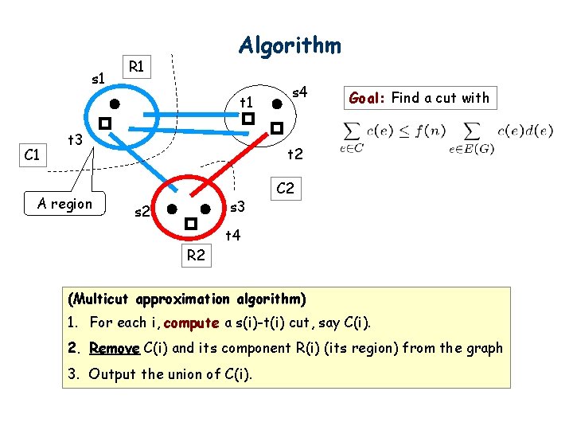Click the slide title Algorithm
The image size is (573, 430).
click(290, 45)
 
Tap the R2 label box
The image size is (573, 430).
click(196, 256)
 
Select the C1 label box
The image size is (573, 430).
click(33, 154)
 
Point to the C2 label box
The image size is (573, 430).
click(284, 189)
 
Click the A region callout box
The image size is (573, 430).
click(65, 204)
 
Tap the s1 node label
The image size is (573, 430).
click(99, 78)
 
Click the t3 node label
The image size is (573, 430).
click(76, 140)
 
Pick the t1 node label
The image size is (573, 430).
click(247, 103)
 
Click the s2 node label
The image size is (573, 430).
click(142, 212)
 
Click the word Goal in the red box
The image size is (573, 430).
click(367, 98)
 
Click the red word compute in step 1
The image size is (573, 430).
click(191, 322)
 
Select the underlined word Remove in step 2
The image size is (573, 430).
click(115, 348)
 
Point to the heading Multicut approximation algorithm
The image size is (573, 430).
click(187, 299)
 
